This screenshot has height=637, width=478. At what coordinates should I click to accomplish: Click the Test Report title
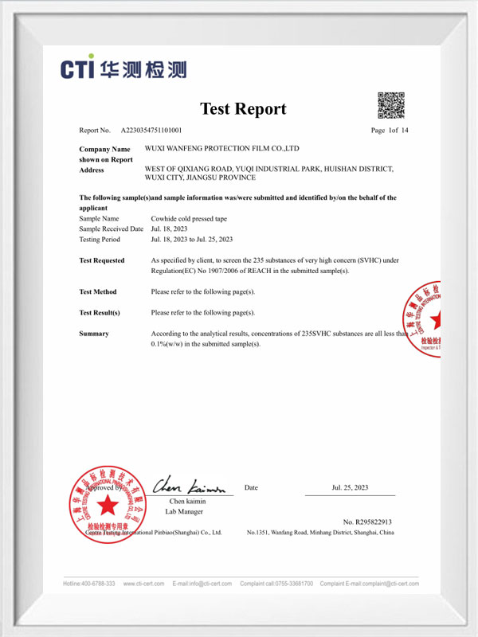pyautogui.click(x=243, y=109)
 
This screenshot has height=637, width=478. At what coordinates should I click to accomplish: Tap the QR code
pyautogui.click(x=390, y=106)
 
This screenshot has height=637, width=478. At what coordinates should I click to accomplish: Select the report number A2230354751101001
pyautogui.click(x=151, y=130)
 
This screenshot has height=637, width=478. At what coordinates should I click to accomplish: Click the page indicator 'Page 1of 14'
pyautogui.click(x=390, y=130)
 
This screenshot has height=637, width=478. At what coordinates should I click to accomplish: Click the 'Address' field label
pyautogui.click(x=92, y=170)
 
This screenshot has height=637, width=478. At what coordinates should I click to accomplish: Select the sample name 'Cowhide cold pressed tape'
pyautogui.click(x=189, y=218)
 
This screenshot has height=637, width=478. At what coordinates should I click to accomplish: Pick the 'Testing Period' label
pyautogui.click(x=100, y=239)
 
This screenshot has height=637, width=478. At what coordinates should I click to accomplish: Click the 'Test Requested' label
pyautogui.click(x=102, y=260)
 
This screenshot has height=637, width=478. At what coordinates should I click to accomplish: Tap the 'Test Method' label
pyautogui.click(x=98, y=292)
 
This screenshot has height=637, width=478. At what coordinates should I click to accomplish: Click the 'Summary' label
pyautogui.click(x=94, y=334)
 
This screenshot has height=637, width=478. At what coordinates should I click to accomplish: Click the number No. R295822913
pyautogui.click(x=367, y=522)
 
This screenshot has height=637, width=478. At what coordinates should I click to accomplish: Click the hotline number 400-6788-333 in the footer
pyautogui.click(x=89, y=584)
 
